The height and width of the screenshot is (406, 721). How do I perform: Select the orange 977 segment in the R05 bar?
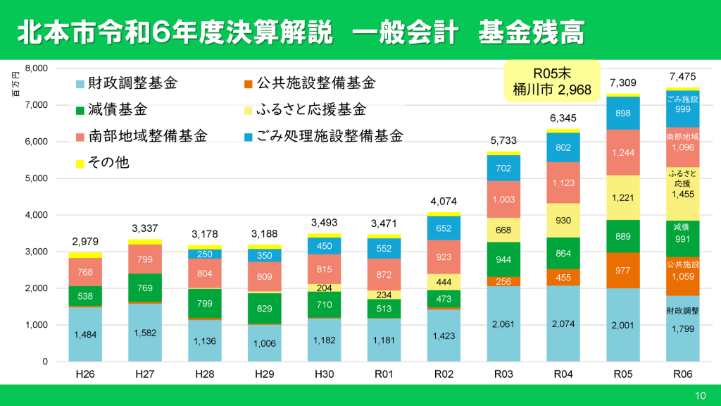pos(622,270)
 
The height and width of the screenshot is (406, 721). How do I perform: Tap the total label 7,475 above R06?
pos(682,76)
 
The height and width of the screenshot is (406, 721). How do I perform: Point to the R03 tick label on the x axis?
pos(503,373)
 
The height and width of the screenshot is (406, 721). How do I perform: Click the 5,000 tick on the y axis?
pos(36,178)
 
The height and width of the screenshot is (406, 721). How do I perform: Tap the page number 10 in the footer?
pos(700,395)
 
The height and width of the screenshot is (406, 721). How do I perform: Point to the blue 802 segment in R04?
pos(563,147)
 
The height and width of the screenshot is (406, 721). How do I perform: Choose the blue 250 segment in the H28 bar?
pos(205,254)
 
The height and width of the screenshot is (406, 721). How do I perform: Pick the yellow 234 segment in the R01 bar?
pos(384,295)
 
